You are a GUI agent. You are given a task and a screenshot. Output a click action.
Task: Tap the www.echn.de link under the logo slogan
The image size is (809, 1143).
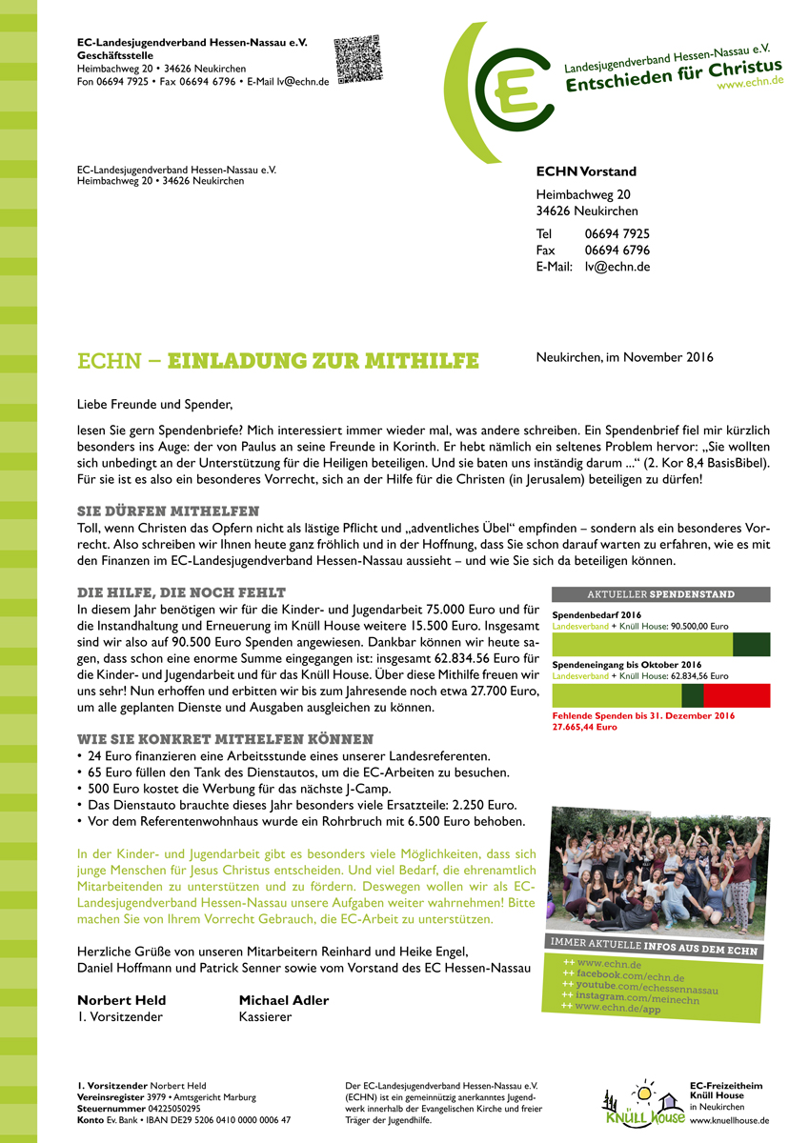click(x=750, y=83)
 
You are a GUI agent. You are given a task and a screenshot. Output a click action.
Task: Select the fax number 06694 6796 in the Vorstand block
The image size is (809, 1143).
click(x=617, y=251)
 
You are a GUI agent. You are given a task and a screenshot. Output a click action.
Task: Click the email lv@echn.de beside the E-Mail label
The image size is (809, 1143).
click(x=617, y=268)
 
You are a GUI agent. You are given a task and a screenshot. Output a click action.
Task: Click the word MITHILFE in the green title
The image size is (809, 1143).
click(x=419, y=361)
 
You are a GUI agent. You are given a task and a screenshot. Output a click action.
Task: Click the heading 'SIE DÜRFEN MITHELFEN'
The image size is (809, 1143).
click(x=168, y=511)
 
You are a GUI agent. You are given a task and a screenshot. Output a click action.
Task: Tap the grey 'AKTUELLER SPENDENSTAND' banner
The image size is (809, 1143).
click(x=660, y=594)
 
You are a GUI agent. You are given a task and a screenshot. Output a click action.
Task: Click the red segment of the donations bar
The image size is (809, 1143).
click(x=736, y=695)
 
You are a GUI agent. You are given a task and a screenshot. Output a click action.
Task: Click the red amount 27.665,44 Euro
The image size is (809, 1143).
click(x=584, y=727)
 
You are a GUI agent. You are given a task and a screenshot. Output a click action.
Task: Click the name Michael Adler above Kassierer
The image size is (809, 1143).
click(x=283, y=1000)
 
